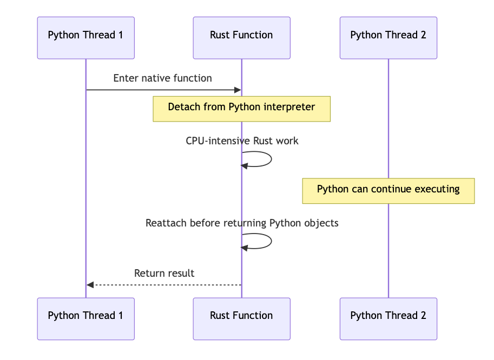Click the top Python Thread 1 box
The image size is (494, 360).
tap(85, 38)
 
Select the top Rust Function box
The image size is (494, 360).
tap(242, 38)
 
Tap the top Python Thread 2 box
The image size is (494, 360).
tap(388, 38)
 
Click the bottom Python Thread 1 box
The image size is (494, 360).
tap(85, 319)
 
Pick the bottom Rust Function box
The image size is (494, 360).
tap(242, 319)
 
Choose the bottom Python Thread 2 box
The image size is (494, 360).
tap(388, 319)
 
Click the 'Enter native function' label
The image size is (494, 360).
tap(162, 78)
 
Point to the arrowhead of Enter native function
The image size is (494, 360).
tap(238, 90)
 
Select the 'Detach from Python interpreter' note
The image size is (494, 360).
tap(242, 109)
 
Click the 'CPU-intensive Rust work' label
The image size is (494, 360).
tap(242, 141)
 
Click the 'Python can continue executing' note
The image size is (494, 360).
tap(388, 191)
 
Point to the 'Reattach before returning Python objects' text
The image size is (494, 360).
tap(242, 223)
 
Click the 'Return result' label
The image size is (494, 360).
tap(164, 273)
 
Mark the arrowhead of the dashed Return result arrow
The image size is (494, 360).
tap(90, 285)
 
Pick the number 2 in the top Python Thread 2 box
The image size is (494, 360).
tap(424, 35)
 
